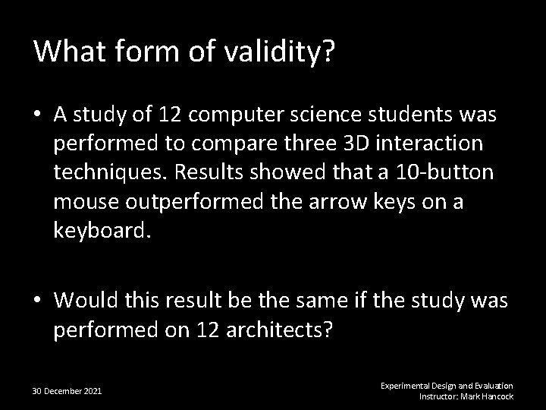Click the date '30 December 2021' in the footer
pos(67,391)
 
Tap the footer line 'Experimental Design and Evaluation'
pos(447,386)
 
